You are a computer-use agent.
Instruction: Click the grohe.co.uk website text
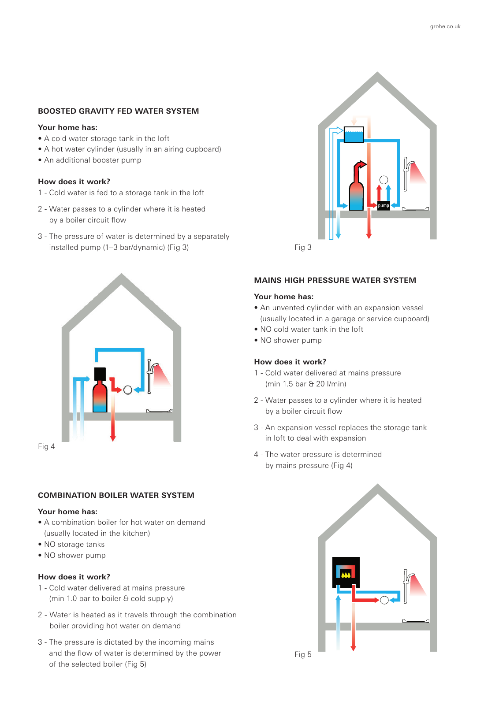[x=445, y=26]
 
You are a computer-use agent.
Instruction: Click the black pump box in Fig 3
[x=384, y=205]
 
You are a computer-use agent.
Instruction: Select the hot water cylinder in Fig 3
[x=356, y=194]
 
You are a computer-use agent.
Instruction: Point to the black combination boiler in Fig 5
[x=346, y=572]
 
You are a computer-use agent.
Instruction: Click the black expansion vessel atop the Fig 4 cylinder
[x=100, y=374]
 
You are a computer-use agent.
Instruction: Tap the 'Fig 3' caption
[x=303, y=247]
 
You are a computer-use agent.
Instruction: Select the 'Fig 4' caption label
[x=46, y=446]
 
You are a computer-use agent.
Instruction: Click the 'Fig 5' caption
[x=303, y=654]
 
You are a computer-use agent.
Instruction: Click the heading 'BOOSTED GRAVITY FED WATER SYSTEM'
[x=118, y=111]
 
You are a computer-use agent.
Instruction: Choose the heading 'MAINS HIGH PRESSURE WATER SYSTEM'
[x=335, y=280]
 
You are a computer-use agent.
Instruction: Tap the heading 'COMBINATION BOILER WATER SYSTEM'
[x=116, y=495]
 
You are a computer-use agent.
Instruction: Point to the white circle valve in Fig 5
[x=384, y=600]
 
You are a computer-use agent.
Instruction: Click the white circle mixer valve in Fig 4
[x=128, y=390]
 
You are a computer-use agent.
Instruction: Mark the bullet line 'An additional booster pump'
[x=93, y=160]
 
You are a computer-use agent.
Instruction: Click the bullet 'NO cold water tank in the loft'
[x=312, y=329]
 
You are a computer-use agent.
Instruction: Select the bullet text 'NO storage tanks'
[x=74, y=544]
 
